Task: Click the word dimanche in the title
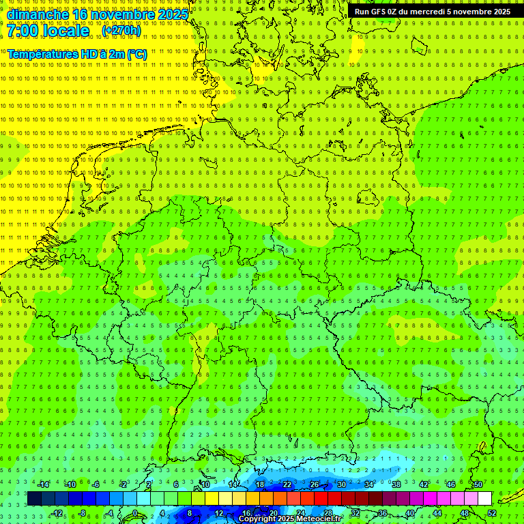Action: tap(37, 14)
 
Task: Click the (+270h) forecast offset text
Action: tap(121, 31)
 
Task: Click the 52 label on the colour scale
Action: tap(492, 513)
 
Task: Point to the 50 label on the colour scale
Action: tap(478, 484)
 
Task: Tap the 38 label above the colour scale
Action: tap(396, 484)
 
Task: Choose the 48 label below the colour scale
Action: tap(465, 513)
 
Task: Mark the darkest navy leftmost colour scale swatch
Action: tap(35, 499)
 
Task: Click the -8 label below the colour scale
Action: tap(83, 513)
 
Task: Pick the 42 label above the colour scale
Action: tap(424, 484)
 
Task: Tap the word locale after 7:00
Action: tap(67, 31)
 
